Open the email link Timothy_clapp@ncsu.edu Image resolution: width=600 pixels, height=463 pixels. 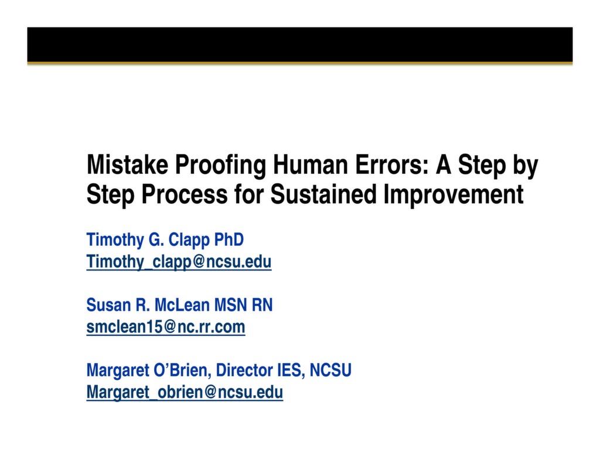click(x=179, y=262)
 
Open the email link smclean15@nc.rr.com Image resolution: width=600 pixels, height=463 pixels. click(x=166, y=327)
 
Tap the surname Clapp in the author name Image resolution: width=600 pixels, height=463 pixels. click(x=187, y=240)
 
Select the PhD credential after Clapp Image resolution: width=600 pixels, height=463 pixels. click(x=229, y=240)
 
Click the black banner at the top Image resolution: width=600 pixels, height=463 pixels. click(x=299, y=44)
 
